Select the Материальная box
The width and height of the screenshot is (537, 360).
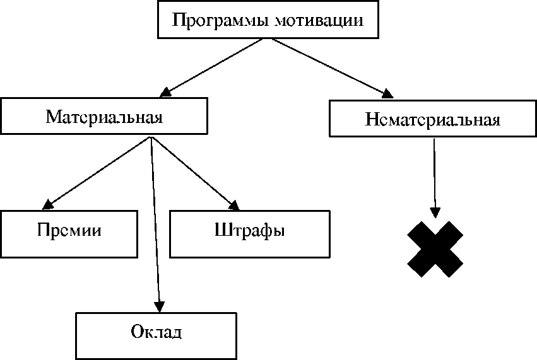[104, 117]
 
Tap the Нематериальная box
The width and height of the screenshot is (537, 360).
[432, 119]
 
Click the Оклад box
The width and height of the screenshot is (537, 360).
[156, 331]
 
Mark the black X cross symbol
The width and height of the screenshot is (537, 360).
[435, 249]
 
